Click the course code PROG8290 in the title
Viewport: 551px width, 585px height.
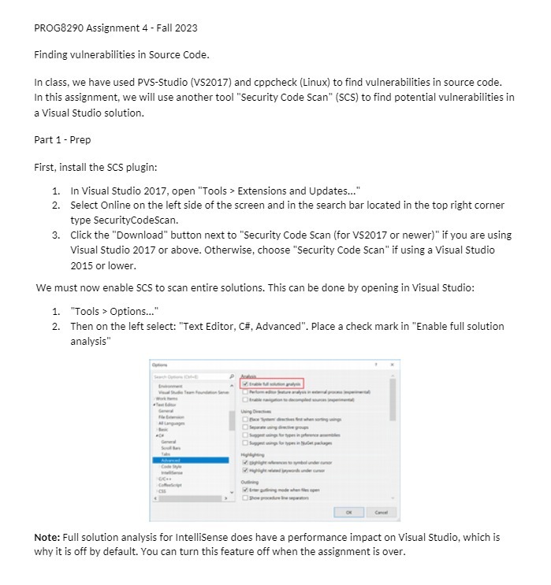pyautogui.click(x=59, y=28)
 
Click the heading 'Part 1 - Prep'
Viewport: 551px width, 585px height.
pyautogui.click(x=62, y=139)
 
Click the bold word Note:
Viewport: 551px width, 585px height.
pyautogui.click(x=48, y=537)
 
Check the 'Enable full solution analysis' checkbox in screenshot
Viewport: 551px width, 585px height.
pyautogui.click(x=246, y=383)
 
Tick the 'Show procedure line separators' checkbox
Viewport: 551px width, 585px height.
pyautogui.click(x=246, y=498)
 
